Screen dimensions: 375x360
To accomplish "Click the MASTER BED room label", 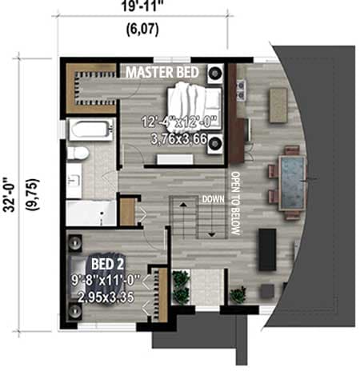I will [163, 71].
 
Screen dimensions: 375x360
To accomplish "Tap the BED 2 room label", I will [106, 264].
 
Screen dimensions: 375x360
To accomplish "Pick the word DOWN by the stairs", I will [212, 198].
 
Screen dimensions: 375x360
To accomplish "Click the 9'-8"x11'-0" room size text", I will [106, 281].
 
